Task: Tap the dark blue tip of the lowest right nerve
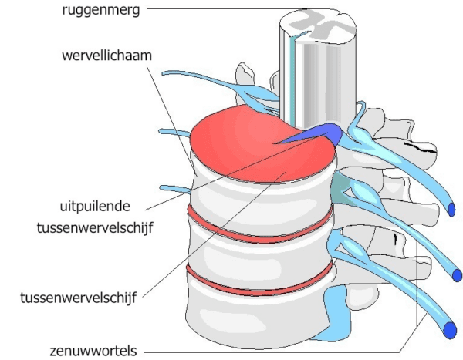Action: [450, 331]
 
